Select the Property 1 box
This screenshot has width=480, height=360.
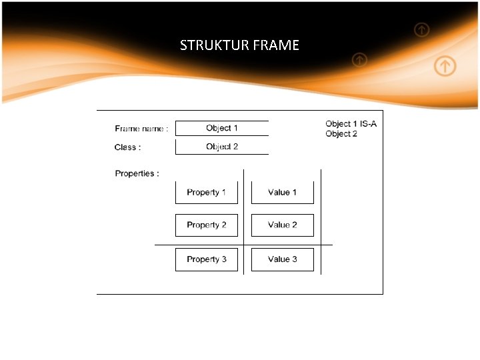pyautogui.click(x=207, y=193)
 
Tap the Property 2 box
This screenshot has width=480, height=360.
pyautogui.click(x=207, y=225)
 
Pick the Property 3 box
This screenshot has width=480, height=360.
pyautogui.click(x=207, y=259)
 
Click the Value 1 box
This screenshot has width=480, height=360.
pyautogui.click(x=282, y=193)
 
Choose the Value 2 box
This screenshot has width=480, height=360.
pyautogui.click(x=282, y=225)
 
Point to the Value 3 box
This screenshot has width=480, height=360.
pyautogui.click(x=282, y=259)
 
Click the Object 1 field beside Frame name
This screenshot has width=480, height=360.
pyautogui.click(x=222, y=128)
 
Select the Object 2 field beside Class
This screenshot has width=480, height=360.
pyautogui.click(x=222, y=147)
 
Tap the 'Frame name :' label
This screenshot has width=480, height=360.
pyautogui.click(x=141, y=129)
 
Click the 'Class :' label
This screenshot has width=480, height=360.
pyautogui.click(x=127, y=147)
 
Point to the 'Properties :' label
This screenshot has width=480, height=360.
pyautogui.click(x=137, y=174)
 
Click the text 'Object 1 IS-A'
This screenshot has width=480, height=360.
pyautogui.click(x=351, y=124)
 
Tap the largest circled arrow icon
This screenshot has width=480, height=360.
pyautogui.click(x=445, y=66)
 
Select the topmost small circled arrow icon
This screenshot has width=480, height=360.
pyautogui.click(x=421, y=29)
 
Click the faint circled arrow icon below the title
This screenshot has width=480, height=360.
pyautogui.click(x=359, y=61)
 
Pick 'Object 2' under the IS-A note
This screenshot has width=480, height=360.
pyautogui.click(x=341, y=134)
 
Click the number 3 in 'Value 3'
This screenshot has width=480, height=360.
pyautogui.click(x=294, y=259)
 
